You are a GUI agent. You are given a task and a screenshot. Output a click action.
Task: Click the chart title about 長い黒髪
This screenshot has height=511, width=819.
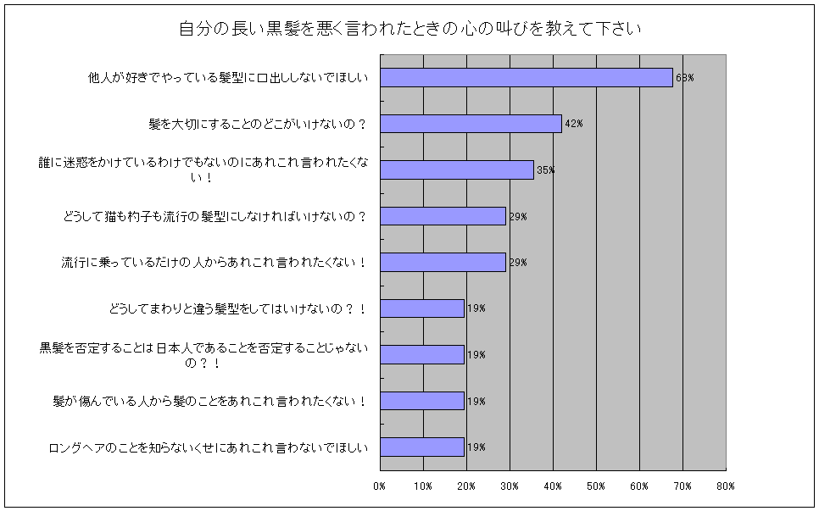click(409, 28)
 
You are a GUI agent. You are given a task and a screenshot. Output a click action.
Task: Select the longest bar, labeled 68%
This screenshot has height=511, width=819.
click(526, 77)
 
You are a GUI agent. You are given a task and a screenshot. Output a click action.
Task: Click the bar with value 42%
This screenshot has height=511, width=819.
click(471, 124)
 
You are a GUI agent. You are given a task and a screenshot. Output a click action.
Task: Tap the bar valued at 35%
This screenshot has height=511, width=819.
click(456, 169)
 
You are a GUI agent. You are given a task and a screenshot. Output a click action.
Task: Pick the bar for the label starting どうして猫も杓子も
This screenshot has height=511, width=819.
click(443, 216)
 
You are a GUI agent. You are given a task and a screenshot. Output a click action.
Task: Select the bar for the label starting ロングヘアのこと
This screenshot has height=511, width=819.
click(421, 447)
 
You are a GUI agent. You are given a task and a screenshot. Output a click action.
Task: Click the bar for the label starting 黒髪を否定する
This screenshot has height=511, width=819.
click(421, 354)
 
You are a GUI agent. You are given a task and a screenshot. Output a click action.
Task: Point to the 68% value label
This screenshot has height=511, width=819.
click(685, 78)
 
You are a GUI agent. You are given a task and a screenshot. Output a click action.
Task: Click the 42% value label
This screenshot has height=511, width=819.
click(573, 124)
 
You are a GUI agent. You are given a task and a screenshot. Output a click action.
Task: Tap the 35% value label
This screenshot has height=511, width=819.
click(545, 170)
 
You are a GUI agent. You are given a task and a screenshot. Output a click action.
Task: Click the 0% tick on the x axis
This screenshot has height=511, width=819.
click(380, 486)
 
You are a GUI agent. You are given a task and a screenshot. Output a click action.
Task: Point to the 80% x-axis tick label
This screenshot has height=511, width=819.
click(726, 486)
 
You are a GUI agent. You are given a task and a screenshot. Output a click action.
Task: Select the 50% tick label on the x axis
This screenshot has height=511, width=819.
click(596, 486)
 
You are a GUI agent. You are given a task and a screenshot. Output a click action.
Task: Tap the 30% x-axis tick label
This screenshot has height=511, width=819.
click(510, 486)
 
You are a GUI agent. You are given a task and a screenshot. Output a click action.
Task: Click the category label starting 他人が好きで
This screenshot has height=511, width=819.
click(228, 78)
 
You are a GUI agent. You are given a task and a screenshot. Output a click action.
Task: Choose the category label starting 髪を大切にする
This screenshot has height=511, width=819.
click(258, 124)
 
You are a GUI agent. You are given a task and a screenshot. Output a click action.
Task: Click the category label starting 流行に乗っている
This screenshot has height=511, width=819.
click(214, 263)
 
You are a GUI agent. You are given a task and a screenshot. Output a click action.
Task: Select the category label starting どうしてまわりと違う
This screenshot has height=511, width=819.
click(238, 308)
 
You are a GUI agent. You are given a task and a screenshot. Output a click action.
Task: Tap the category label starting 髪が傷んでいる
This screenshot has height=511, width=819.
click(210, 401)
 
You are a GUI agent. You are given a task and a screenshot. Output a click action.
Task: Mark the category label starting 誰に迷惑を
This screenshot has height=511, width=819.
click(203, 169)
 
